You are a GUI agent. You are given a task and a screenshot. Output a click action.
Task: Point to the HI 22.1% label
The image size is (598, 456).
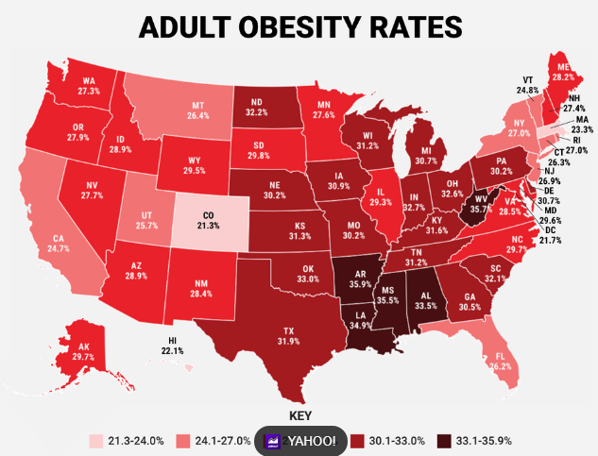[x=172, y=346]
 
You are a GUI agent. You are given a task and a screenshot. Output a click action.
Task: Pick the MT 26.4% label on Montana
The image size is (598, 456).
[x=198, y=110]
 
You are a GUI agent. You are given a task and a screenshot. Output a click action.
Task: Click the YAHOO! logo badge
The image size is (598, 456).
[x=300, y=441]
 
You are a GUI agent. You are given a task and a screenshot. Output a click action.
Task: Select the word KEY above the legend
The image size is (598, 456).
[x=299, y=415]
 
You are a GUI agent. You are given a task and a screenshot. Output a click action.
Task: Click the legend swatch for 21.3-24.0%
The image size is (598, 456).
[x=96, y=441]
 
